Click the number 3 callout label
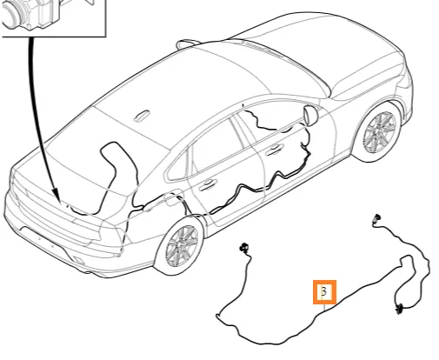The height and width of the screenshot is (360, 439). (x=324, y=292)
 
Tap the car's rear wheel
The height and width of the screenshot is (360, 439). (x=179, y=245)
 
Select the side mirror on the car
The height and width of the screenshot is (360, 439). (x=310, y=116)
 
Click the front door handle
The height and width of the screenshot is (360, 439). (x=274, y=149)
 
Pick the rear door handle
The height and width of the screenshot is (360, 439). (x=208, y=184)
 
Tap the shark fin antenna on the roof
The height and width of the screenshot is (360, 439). (x=187, y=44)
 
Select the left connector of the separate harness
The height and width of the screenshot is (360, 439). (x=243, y=248)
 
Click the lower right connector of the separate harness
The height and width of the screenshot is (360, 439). (x=400, y=308)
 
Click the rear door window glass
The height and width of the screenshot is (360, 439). (x=217, y=145)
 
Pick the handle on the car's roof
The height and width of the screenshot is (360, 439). (x=142, y=116)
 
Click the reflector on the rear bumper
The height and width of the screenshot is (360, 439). (x=79, y=260)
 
